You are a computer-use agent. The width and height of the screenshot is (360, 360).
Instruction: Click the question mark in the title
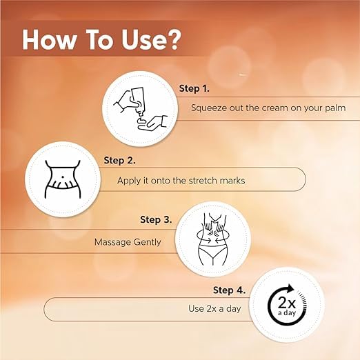click(x=172, y=39)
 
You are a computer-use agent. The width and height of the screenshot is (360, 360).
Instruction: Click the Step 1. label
click(x=194, y=88)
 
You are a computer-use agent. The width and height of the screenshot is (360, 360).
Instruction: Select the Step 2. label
click(x=119, y=161)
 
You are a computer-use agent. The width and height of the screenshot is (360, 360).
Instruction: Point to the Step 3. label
click(x=156, y=219)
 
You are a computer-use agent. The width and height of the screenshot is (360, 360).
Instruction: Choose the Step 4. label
click(x=229, y=290)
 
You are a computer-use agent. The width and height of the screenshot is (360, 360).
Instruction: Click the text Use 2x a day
click(x=214, y=308)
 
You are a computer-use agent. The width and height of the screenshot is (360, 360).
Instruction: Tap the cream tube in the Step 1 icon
click(x=138, y=101)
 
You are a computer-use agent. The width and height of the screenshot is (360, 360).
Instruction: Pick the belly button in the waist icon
click(x=62, y=177)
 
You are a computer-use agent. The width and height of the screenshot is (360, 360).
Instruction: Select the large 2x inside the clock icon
click(x=286, y=302)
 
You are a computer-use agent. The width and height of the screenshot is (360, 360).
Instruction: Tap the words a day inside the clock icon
click(x=286, y=313)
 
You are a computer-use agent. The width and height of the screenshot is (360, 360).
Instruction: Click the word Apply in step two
click(x=129, y=181)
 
